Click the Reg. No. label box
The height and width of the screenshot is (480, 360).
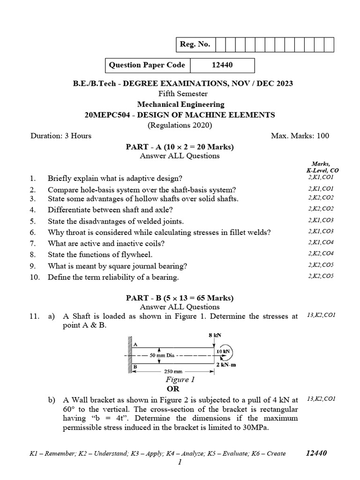(195, 45)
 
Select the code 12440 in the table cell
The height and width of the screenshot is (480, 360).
(222, 66)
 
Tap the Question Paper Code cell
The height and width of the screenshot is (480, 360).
(147, 66)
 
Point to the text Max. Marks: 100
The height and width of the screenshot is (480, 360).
(300, 136)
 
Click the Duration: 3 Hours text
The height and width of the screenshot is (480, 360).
(61, 136)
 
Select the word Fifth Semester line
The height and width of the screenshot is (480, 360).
(180, 94)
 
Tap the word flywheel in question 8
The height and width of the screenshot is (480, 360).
(136, 255)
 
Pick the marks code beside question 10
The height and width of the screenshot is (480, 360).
(321, 276)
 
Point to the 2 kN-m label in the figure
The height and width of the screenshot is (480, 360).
(226, 364)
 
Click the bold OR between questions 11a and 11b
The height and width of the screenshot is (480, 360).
(173, 389)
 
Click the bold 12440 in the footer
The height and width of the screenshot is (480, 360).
(316, 453)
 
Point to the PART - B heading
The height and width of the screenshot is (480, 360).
(180, 298)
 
